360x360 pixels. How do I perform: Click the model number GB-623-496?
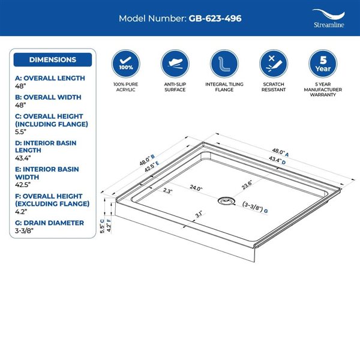point(215,19)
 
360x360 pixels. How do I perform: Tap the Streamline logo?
point(329,19)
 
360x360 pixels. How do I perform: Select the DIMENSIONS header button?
point(53,59)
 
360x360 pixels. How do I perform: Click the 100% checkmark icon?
point(125,64)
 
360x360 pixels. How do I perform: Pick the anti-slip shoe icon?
point(175,64)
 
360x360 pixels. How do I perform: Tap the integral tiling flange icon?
point(224,64)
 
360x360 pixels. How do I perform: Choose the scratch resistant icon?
point(274,64)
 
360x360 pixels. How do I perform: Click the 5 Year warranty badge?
point(323,64)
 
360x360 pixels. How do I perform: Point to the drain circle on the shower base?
point(226,201)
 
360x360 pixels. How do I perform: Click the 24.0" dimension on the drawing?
point(196,188)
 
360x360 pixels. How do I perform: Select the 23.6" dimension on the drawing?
point(247,185)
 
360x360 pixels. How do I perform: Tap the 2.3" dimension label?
point(167,191)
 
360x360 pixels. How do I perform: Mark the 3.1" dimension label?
point(199,214)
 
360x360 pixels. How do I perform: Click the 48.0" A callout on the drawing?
point(280,152)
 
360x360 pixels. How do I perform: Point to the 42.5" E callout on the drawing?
point(152,167)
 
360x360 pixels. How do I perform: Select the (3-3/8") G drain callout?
point(255,207)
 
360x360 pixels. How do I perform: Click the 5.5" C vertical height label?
point(102,226)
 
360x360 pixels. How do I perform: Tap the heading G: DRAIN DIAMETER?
point(49,223)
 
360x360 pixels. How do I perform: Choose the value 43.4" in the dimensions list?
point(23,158)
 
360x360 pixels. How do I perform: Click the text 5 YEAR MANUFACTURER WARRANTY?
point(323,89)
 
